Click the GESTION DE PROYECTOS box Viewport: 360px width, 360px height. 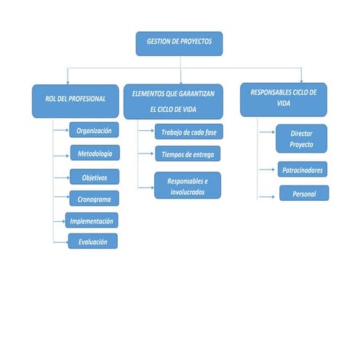[x=179, y=43]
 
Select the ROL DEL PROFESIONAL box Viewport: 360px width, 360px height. [x=75, y=100]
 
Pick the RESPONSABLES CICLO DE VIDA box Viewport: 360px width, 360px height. [x=283, y=99]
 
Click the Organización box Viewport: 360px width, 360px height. [x=94, y=131]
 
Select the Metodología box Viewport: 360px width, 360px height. [x=95, y=153]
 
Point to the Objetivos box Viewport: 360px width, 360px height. [x=95, y=176]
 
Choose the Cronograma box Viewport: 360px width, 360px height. [x=94, y=198]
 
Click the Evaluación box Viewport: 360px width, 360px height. [x=92, y=241]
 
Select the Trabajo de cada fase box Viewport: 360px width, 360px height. [x=188, y=132]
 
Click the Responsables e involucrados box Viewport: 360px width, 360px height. [x=187, y=185]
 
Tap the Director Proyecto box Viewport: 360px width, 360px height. [x=301, y=138]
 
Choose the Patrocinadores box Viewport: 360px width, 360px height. [x=301, y=170]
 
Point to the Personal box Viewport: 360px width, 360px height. [x=304, y=193]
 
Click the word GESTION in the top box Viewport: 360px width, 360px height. [x=159, y=42]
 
